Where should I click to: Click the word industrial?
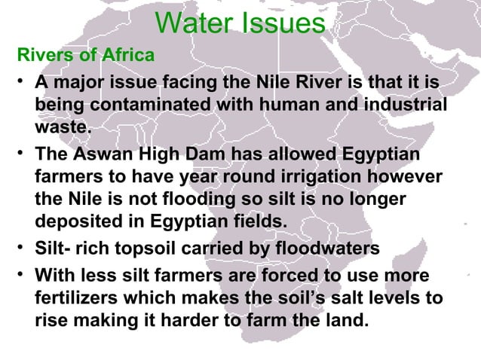pyautogui.click(x=402, y=105)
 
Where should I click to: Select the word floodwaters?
pyautogui.click(x=329, y=249)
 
